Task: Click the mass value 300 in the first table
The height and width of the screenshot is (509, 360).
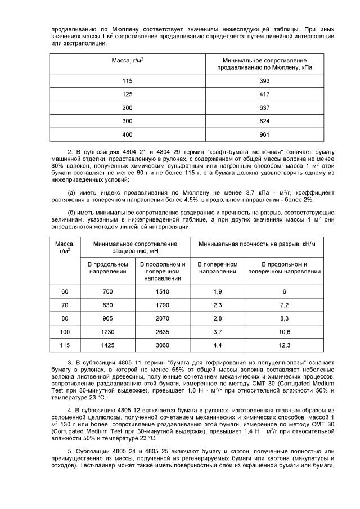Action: click(x=128, y=121)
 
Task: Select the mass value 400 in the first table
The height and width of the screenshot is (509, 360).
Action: click(x=128, y=134)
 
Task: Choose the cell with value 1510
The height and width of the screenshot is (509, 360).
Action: click(x=162, y=291)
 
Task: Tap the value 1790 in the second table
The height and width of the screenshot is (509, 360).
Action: click(x=162, y=305)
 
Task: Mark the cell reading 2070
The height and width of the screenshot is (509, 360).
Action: click(x=162, y=318)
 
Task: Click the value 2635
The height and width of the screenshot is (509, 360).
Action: click(x=162, y=332)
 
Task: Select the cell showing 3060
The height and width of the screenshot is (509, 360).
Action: click(x=162, y=345)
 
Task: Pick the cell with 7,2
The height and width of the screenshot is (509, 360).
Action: click(x=285, y=305)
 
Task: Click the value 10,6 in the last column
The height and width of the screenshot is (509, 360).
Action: click(x=285, y=332)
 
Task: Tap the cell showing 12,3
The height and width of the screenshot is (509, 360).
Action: click(x=285, y=345)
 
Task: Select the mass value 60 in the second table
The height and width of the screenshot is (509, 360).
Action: click(x=65, y=291)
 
